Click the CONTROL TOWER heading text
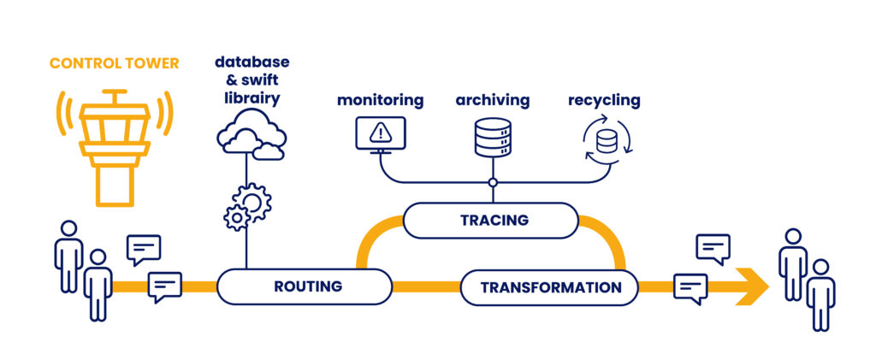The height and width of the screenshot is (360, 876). (114, 63)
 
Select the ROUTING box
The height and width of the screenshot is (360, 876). (307, 286)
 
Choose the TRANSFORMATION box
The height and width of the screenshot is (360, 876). (550, 287)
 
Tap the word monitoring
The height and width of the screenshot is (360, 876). (380, 100)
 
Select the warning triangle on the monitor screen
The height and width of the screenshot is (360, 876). (381, 132)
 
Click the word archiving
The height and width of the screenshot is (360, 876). (492, 100)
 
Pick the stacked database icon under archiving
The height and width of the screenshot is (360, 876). (492, 137)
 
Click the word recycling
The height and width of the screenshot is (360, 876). (604, 100)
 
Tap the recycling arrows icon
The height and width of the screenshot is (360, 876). (606, 139)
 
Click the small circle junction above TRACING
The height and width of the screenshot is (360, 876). (492, 182)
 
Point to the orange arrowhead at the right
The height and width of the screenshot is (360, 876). (753, 287)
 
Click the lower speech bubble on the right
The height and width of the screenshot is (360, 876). (690, 287)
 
